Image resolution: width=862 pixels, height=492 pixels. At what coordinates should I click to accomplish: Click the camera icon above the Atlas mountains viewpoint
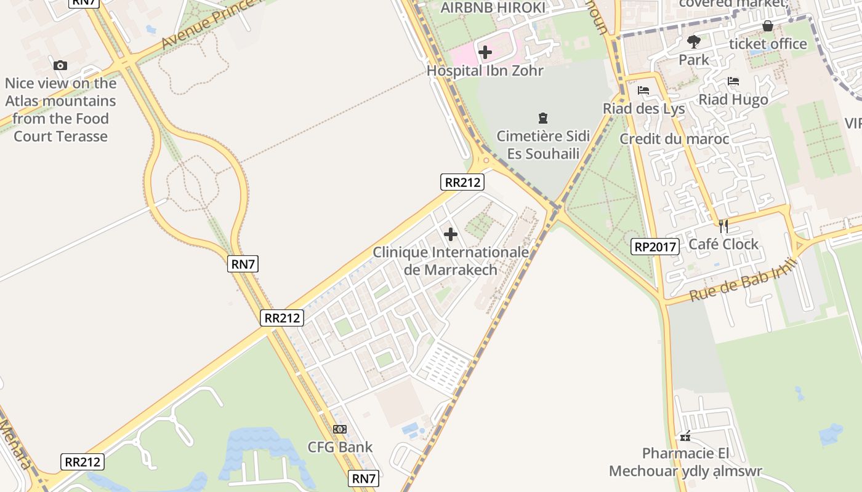coord(60,65)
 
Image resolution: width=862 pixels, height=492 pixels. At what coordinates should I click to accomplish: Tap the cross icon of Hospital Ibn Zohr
coord(485,52)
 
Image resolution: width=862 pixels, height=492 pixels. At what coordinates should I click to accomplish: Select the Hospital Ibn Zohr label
coord(485,71)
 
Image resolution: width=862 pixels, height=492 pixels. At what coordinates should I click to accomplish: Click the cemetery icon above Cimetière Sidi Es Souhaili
coord(542,117)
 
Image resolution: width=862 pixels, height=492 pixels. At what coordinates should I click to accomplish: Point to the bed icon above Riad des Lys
coord(643,90)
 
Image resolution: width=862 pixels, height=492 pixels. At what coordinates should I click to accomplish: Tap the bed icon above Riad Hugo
coord(733,81)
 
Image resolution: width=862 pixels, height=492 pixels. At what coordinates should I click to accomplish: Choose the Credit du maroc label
coord(674,139)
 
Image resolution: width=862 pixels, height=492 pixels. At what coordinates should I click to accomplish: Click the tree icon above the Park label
coord(694,42)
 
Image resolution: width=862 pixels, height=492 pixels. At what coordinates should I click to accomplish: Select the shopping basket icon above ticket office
coord(767,26)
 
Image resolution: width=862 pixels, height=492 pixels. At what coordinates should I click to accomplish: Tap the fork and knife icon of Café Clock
coord(723,226)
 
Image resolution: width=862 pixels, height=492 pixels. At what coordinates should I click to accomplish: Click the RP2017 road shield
coord(655,247)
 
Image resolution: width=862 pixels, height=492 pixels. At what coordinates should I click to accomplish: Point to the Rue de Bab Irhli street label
coord(743,280)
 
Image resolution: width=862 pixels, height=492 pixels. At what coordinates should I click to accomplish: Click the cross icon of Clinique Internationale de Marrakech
coord(451,234)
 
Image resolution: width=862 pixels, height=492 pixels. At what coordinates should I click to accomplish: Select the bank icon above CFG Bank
coord(340,429)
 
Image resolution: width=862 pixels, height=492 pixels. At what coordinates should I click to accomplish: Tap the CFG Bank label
coord(340,447)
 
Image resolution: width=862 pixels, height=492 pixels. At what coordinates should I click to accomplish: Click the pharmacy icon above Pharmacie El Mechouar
coord(685,437)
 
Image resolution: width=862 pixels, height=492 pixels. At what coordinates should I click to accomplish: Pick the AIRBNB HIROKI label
coord(493,8)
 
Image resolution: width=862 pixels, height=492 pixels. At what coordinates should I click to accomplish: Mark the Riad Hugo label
coord(733,100)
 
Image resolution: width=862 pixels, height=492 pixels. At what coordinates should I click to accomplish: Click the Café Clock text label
coord(723,245)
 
